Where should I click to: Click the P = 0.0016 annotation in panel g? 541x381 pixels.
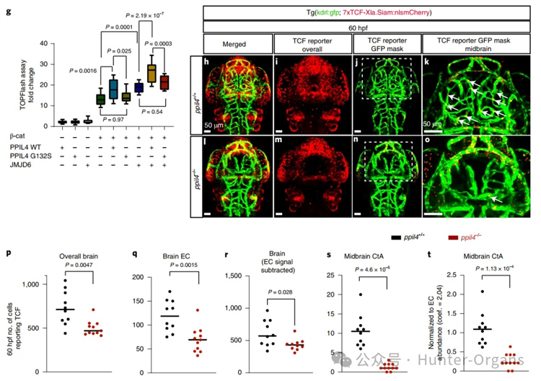pos(87,71)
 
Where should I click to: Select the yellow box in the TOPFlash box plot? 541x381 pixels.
pos(152,73)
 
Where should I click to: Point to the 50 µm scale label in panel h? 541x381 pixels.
pos(214,125)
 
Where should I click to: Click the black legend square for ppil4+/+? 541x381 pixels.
pos(395,236)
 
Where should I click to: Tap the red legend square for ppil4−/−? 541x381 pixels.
pos(451,236)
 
